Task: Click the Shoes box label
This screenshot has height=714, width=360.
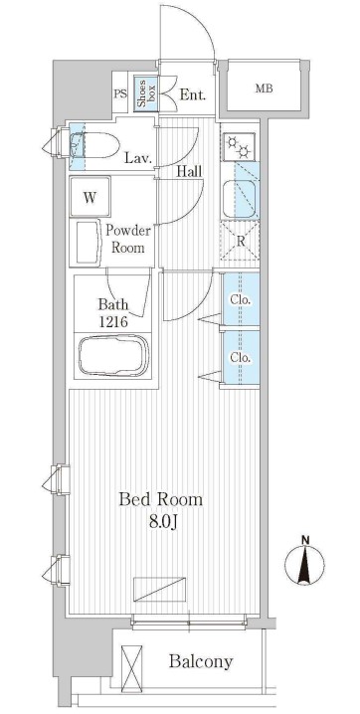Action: pos(145,94)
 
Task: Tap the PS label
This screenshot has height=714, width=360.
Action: pos(120,94)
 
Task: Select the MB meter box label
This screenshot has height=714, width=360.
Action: pos(264,89)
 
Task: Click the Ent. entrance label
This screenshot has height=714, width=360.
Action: pos(193,95)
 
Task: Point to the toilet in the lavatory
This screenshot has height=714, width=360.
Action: pos(94,145)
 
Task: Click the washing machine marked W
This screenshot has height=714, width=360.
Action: pos(90,198)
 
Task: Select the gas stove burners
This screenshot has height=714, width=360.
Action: pos(240,146)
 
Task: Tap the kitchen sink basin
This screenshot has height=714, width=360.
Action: pos(240,199)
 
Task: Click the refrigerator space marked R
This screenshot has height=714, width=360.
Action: pos(240,241)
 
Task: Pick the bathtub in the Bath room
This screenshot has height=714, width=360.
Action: pos(113,356)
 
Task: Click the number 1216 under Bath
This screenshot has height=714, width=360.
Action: pos(112,322)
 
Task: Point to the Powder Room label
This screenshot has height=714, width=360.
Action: pos(128,239)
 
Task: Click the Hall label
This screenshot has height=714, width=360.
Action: pos(189,172)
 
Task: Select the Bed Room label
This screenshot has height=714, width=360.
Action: pos(161,499)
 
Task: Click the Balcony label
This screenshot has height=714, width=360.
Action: pos(201,660)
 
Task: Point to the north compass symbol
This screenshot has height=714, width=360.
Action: pos(304,563)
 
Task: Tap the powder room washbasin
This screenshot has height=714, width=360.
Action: pos(89,243)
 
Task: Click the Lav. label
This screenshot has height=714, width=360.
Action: pos(139,158)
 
